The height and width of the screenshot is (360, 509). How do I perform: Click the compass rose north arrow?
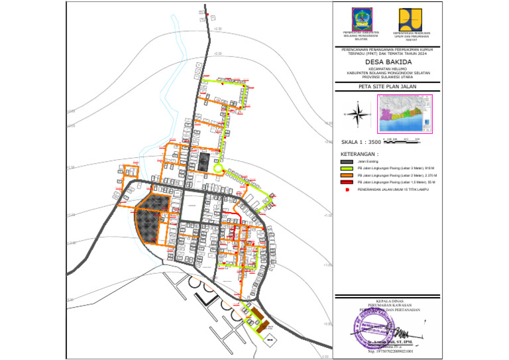click(x=358, y=115)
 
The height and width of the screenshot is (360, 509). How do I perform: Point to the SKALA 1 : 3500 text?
click(x=361, y=142)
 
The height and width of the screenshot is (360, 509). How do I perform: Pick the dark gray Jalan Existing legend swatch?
click(x=347, y=161)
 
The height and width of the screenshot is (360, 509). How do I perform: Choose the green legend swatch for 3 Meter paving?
click(x=347, y=168)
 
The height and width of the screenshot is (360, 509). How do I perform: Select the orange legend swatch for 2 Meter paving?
click(x=347, y=175)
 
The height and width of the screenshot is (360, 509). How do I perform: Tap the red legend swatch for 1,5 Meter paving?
click(x=347, y=182)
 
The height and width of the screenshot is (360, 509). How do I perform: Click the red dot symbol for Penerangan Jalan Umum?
click(x=347, y=190)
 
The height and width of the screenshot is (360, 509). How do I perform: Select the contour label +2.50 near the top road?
click(x=218, y=29)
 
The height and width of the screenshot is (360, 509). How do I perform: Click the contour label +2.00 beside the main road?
click(x=218, y=54)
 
